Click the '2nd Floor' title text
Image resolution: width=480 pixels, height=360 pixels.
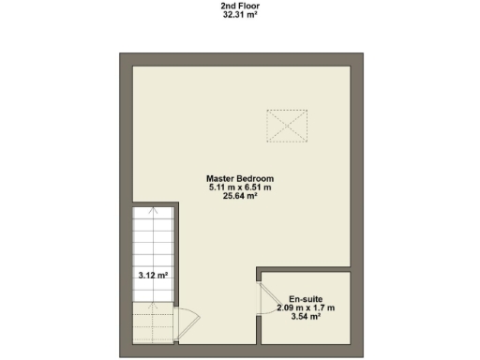pos(240,6)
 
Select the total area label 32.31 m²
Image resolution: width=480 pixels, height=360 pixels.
pos(240,15)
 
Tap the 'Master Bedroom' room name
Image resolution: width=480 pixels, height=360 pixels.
pos(240,178)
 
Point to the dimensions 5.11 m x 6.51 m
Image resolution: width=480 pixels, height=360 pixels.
pos(240,187)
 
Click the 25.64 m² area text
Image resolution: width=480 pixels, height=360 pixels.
pos(240,197)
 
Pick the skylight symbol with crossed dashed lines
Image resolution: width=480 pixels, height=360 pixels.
pos(287,126)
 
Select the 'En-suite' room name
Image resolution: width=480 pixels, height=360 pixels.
pos(306,298)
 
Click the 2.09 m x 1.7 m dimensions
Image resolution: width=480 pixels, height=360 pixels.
pos(306,307)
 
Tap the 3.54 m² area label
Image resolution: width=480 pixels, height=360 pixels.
pos(306,317)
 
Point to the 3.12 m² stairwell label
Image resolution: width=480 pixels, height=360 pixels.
pos(152,276)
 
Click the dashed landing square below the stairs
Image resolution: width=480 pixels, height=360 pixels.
pos(152,324)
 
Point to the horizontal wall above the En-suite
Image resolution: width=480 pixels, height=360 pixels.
pos(305,270)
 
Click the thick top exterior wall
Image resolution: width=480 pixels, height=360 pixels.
pos(240,58)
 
